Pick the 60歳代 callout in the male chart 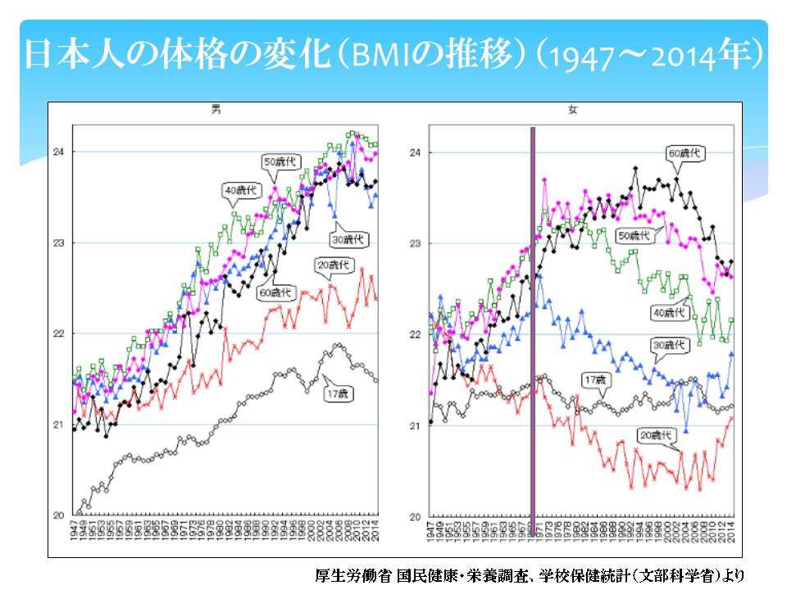click(275, 293)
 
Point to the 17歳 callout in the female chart click(594, 381)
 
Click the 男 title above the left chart click(216, 110)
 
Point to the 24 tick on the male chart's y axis click(60, 152)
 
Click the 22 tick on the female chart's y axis click(416, 334)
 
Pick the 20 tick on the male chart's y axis click(60, 515)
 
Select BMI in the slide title click(374, 56)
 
